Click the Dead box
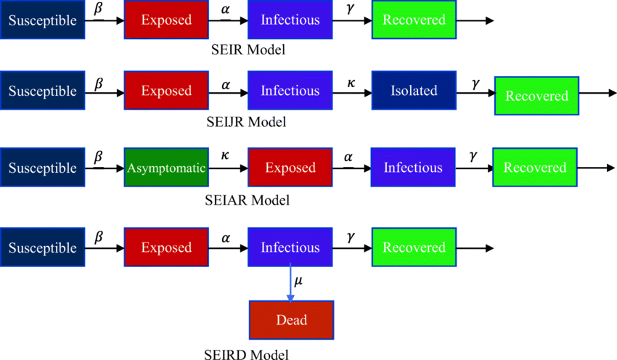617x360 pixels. click(292, 320)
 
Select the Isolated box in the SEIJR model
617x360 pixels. click(414, 91)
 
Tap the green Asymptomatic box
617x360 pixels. click(166, 168)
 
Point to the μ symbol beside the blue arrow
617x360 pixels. click(298, 281)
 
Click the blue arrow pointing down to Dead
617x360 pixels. click(290, 283)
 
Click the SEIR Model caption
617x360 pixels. click(248, 50)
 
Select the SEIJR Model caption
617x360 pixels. click(246, 122)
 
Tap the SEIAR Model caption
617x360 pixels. click(247, 200)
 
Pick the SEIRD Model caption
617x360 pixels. click(246, 354)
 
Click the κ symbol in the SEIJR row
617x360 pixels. click(351, 83)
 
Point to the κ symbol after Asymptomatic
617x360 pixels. click(225, 155)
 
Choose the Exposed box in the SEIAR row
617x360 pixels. click(290, 168)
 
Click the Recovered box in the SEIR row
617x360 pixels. click(414, 20)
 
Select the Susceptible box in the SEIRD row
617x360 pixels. click(43, 247)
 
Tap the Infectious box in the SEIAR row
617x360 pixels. click(413, 168)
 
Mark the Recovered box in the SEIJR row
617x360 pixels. click(536, 96)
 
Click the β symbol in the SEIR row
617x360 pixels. click(99, 9)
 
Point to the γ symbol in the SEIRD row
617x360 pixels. click(351, 237)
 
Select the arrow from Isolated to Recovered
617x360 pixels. click(475, 93)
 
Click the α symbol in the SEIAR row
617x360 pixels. click(348, 157)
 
